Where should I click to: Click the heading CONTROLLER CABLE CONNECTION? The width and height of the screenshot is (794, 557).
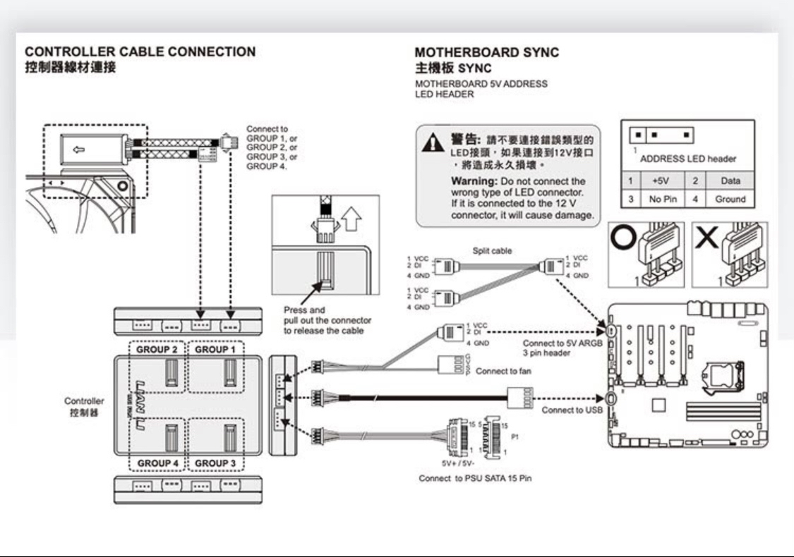pos(140,52)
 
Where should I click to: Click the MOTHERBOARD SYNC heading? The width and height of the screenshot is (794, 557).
pos(486,53)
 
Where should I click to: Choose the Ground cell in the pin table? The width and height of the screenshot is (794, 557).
pos(730,200)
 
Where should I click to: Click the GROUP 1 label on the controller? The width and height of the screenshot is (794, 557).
pos(212,350)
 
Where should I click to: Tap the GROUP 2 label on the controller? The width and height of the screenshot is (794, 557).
pos(157,350)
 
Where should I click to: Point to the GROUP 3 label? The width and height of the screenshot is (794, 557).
pos(215,463)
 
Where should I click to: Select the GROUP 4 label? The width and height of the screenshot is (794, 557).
pos(157,463)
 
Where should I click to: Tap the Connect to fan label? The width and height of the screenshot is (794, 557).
pos(504,372)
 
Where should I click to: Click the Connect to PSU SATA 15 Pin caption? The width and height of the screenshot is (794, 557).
pos(475,479)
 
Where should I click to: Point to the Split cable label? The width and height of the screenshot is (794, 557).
pos(492,251)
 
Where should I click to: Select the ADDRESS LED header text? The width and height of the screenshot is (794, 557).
pos(687,159)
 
